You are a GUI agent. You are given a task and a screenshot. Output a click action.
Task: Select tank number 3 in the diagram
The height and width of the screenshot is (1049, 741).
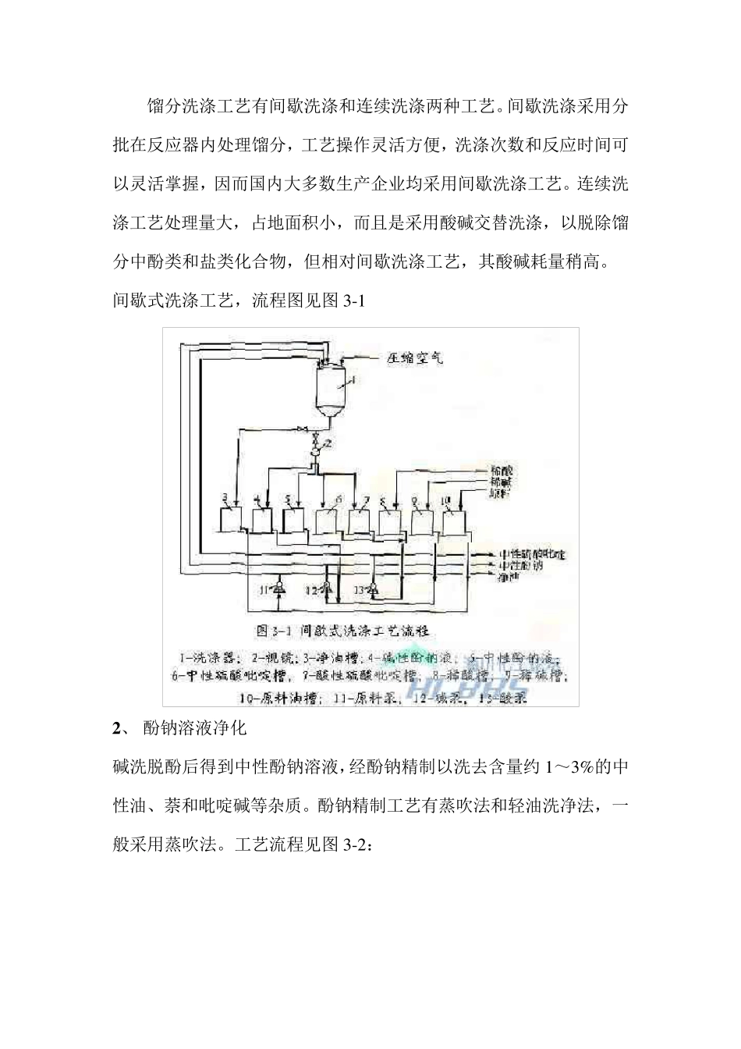tap(230, 517)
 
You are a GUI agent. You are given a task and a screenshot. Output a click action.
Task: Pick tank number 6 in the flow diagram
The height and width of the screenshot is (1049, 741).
tap(327, 521)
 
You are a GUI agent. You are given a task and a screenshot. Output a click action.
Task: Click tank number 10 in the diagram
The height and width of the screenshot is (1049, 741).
tap(454, 521)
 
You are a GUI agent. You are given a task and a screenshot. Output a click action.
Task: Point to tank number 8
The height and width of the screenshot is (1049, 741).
tap(390, 521)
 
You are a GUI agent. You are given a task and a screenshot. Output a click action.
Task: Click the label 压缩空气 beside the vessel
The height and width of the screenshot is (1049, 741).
tap(415, 359)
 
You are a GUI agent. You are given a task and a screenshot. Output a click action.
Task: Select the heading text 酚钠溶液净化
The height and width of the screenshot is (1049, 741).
tap(196, 728)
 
